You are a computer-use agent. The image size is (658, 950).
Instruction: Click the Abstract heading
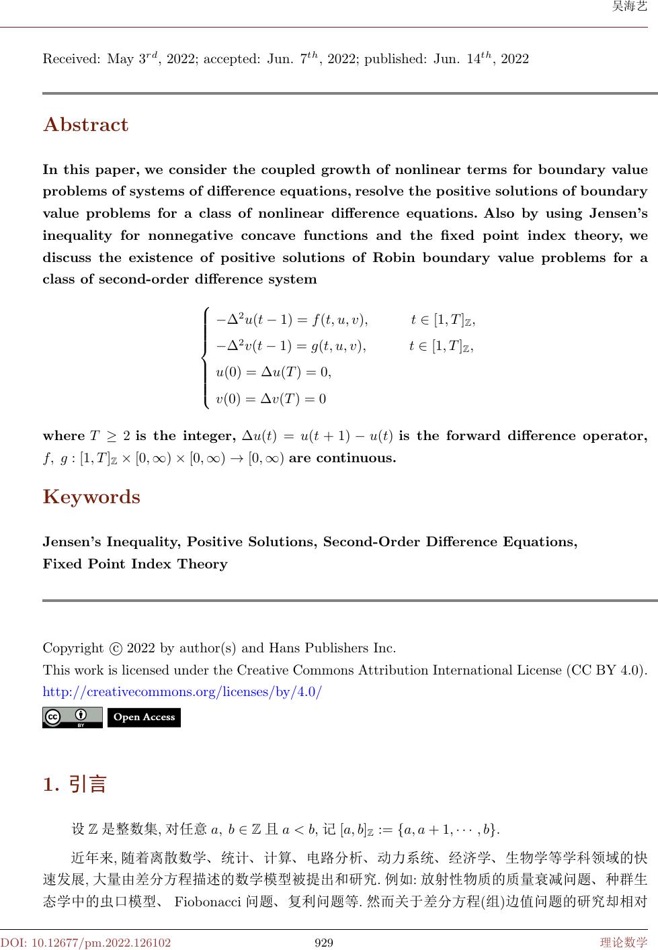click(x=85, y=125)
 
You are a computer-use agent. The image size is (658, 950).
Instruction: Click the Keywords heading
click(x=91, y=497)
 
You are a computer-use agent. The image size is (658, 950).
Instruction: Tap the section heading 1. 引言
click(x=75, y=784)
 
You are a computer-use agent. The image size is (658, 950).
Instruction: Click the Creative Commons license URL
click(x=182, y=691)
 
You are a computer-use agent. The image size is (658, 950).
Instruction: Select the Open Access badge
click(x=144, y=718)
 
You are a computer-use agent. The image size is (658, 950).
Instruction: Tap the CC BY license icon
click(x=72, y=718)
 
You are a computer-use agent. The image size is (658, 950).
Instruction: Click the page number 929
click(x=325, y=943)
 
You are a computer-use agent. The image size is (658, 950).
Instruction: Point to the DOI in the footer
click(x=85, y=943)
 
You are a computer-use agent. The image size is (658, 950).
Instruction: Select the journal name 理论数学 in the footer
click(x=624, y=943)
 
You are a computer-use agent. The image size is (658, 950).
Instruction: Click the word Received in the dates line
click(x=71, y=59)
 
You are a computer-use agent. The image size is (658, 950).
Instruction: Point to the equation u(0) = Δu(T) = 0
click(x=274, y=372)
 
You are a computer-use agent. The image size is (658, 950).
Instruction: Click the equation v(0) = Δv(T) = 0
click(x=271, y=398)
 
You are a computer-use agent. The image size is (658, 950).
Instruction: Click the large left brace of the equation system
click(x=206, y=359)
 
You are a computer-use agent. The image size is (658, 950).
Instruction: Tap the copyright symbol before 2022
click(x=116, y=649)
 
